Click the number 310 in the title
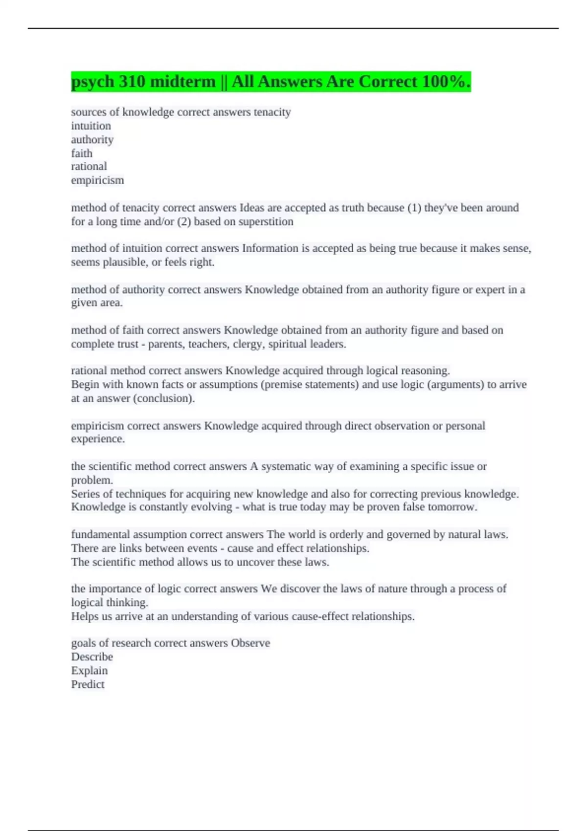(132, 81)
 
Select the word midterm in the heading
(183, 81)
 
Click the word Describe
(92, 656)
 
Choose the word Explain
(89, 671)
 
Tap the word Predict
(88, 684)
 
